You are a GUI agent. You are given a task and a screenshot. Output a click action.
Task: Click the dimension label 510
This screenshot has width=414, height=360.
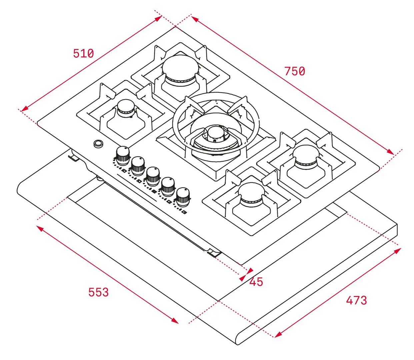[x=83, y=53]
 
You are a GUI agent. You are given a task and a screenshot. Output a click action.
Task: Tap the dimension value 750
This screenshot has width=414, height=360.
[x=295, y=71]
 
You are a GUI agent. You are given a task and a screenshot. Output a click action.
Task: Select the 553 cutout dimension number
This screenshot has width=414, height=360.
[x=98, y=292]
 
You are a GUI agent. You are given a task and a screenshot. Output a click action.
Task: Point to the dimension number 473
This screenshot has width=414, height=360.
[x=356, y=300]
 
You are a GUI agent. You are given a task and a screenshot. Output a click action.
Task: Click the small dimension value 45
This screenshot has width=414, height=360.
[x=256, y=282]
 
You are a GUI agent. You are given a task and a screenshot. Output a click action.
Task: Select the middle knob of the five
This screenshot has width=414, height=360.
[x=153, y=176]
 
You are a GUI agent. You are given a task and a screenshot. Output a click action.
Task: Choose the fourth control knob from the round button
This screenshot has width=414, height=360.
[x=168, y=186]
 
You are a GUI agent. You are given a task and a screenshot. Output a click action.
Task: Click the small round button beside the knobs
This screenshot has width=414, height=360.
[x=98, y=144]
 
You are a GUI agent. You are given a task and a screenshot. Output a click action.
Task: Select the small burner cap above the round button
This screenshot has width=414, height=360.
[x=126, y=107]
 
